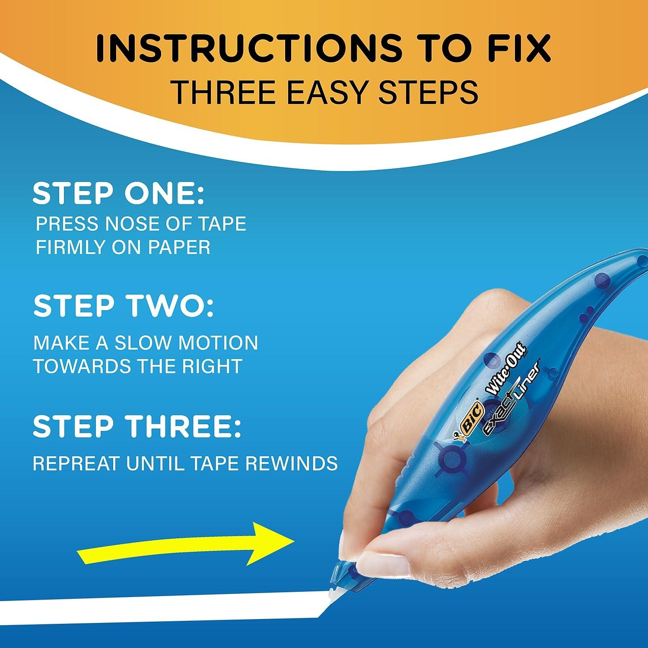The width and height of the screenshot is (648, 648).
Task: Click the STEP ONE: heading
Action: point(118,194)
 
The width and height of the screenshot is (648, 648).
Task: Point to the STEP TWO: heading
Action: point(124,306)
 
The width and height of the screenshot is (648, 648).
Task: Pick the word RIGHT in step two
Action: point(210,366)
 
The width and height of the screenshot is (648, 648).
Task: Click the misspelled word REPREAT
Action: point(76,464)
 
